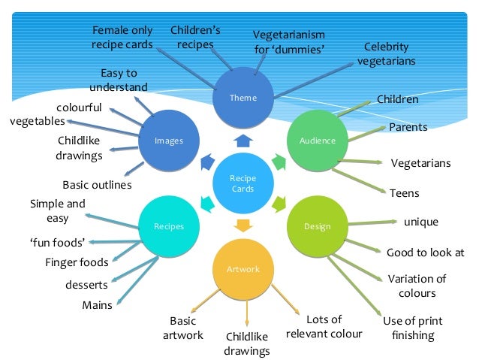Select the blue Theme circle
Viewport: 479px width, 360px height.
coord(243,98)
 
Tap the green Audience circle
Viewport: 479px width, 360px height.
coord(318,141)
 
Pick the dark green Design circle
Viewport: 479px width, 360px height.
coord(317,226)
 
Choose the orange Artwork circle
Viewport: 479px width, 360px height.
coord(243,268)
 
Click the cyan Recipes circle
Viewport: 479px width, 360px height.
coord(168,225)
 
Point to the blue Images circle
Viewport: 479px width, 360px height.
coord(168,141)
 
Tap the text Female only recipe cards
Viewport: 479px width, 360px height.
coord(122,38)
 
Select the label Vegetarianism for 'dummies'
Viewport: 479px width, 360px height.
coord(288,42)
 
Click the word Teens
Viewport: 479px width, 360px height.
coord(404,193)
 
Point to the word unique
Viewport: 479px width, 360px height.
coord(420,222)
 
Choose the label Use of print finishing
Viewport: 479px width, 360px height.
coord(412,328)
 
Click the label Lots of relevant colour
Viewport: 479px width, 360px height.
coord(324,326)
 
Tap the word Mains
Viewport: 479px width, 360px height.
coord(97,305)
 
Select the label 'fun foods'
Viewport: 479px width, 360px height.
coord(57,242)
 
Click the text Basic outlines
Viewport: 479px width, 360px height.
coord(97,184)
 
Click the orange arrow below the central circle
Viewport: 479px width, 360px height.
coord(243,225)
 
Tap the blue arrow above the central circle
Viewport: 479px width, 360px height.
coord(243,140)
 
